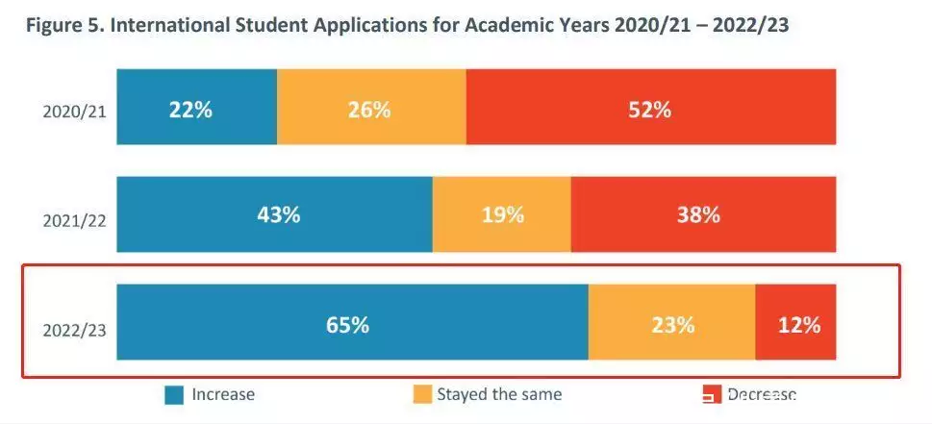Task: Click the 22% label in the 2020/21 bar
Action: tap(190, 109)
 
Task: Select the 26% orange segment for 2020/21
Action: tap(370, 109)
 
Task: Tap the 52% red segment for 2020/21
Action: tap(650, 109)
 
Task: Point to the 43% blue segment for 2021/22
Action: tap(279, 215)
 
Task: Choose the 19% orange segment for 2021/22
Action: tap(501, 215)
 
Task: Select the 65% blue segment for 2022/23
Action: tap(347, 324)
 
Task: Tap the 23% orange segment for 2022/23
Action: tap(671, 324)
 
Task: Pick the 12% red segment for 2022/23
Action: tap(797, 324)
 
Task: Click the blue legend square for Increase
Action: tap(174, 394)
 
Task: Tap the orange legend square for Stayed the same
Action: tap(421, 394)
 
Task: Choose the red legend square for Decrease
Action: tap(711, 394)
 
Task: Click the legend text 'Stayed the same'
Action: tap(499, 394)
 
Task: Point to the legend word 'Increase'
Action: tap(223, 394)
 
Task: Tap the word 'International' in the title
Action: tap(171, 24)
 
